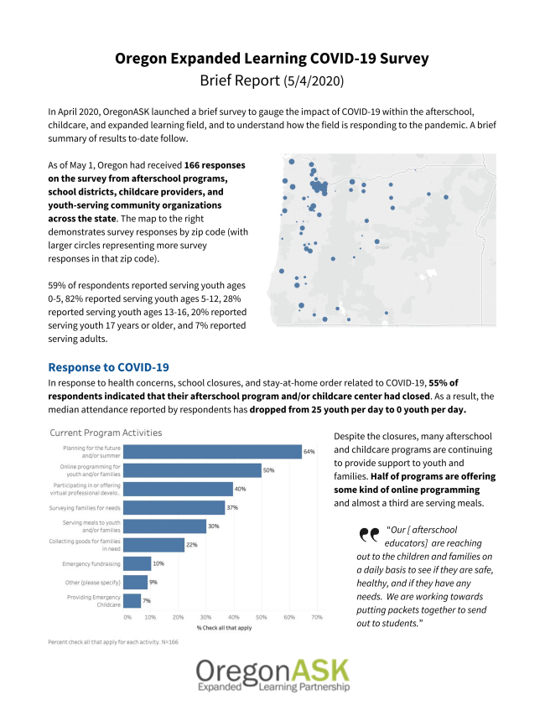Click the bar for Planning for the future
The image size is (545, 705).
212,452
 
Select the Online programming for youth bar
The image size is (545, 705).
192,470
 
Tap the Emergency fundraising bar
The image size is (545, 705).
138,563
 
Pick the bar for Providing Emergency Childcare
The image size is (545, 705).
132,600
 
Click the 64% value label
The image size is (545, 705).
309,452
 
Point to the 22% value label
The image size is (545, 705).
191,545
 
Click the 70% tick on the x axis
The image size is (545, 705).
316,617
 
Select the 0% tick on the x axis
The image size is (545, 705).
127,617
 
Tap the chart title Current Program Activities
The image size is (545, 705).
106,433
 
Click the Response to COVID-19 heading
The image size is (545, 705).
109,367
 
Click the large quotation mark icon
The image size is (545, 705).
368,535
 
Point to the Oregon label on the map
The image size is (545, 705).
381,247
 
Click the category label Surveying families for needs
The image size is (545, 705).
85,507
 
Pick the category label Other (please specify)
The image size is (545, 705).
92,582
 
